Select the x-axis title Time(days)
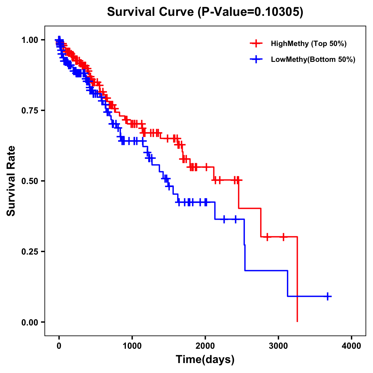coord(205,359)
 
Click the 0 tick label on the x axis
coord(59,346)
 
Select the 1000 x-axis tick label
coord(132,346)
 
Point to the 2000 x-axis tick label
coord(205,346)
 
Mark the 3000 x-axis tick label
coord(279,346)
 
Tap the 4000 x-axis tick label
coord(352,346)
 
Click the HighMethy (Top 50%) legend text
coord(309,44)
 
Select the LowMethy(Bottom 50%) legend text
coord(313,59)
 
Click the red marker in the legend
coord(256,44)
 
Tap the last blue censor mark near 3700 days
coord(328,296)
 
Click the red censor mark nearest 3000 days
coord(283,237)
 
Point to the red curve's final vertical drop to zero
coord(297,280)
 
